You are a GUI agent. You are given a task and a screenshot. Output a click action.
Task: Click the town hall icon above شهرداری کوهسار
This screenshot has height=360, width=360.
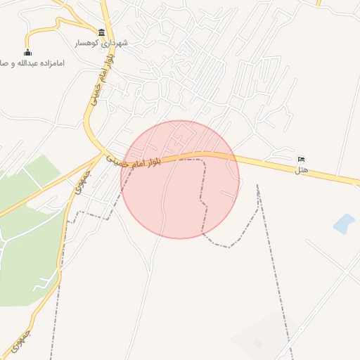[x=102, y=32]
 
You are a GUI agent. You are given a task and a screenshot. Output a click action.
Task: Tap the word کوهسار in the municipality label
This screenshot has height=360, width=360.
[x=90, y=44]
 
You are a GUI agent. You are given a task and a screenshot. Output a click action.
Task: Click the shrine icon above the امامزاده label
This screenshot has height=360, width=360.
[x=27, y=52]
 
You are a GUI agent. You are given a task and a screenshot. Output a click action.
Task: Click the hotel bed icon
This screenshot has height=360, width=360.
[x=302, y=158]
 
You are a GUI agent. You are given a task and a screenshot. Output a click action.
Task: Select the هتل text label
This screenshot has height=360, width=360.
[x=302, y=169]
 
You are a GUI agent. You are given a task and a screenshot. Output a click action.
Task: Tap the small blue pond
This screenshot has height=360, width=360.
[x=344, y=224]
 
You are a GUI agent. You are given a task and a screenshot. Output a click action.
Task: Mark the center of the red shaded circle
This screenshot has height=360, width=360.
[x=180, y=179]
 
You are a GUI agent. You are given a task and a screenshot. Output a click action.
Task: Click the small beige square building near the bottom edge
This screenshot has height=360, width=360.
[x=258, y=343]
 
